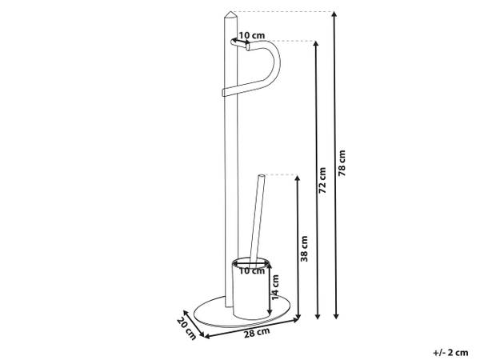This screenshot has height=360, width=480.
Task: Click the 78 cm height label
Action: (x=342, y=163)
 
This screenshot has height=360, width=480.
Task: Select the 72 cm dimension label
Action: (x=322, y=180)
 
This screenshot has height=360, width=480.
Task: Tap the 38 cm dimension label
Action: (x=304, y=249)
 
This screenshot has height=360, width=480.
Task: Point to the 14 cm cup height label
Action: (x=275, y=287)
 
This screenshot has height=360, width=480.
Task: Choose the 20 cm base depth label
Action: (x=186, y=330)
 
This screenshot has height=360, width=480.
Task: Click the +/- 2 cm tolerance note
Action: (x=450, y=352)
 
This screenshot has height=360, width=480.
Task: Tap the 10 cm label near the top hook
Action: (x=252, y=35)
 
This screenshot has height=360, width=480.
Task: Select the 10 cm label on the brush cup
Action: (x=252, y=271)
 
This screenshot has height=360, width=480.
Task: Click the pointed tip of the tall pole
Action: (x=231, y=12)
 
